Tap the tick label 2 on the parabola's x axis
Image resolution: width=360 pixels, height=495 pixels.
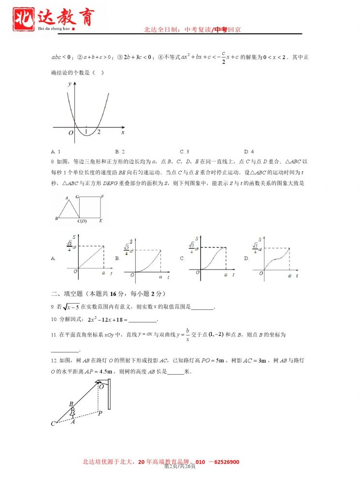pyautogui.click(x=98, y=132)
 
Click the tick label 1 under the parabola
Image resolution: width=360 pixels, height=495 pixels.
pyautogui.click(x=86, y=132)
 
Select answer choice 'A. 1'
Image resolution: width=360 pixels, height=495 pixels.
pyautogui.click(x=55, y=152)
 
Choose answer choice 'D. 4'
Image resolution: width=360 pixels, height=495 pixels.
pyautogui.click(x=249, y=152)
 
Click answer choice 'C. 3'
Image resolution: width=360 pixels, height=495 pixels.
pyautogui.click(x=184, y=152)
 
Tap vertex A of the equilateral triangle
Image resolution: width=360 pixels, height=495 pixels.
pyautogui.click(x=67, y=198)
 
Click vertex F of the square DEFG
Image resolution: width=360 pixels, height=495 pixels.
pyautogui.click(x=102, y=196)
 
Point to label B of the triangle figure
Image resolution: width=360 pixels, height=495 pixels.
pyautogui.click(x=57, y=218)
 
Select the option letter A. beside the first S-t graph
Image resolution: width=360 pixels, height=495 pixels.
pyautogui.click(x=53, y=259)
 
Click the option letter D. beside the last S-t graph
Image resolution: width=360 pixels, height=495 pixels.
pyautogui.click(x=246, y=259)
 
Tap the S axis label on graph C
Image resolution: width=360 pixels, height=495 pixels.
pyautogui.click(x=196, y=238)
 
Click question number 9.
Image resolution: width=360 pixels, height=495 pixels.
pyautogui.click(x=53, y=307)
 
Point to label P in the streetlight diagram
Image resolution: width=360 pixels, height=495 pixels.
pyautogui.click(x=100, y=413)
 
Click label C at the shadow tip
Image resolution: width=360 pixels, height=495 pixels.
pyautogui.click(x=53, y=424)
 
